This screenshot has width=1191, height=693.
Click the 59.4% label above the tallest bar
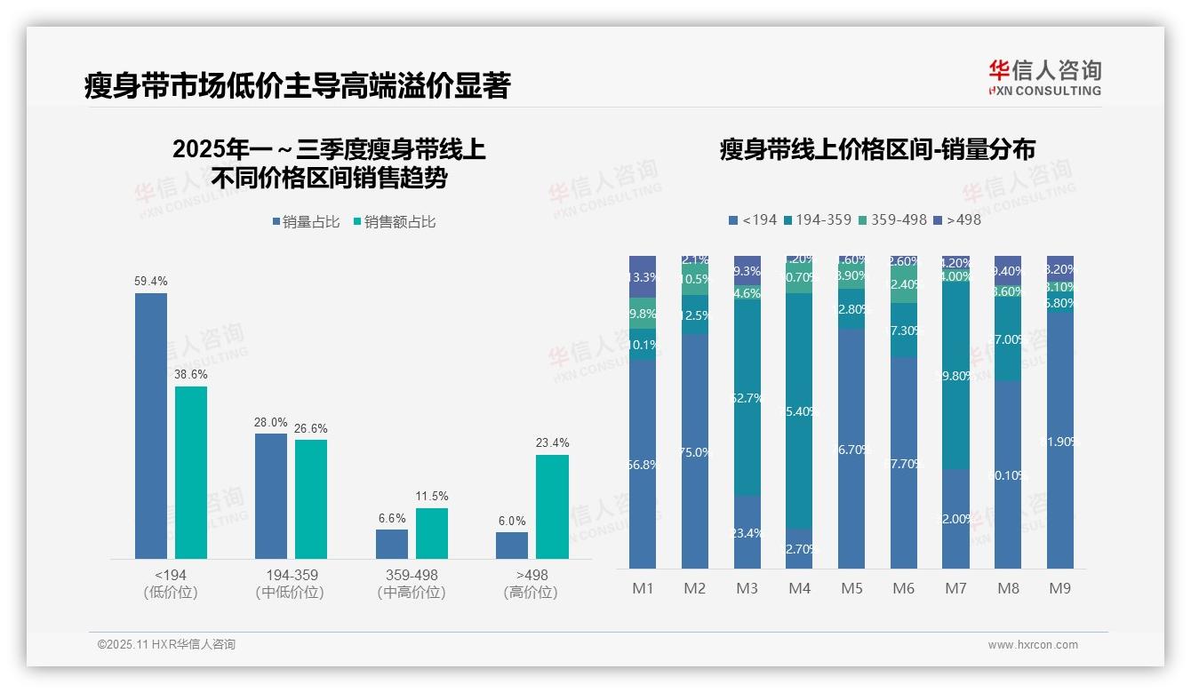click(150, 281)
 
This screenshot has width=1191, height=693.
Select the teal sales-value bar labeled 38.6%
click(190, 472)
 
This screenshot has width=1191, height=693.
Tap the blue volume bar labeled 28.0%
click(270, 496)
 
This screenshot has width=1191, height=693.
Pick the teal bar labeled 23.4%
click(552, 506)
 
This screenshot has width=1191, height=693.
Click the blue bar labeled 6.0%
click(511, 545)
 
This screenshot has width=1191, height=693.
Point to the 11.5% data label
click(432, 496)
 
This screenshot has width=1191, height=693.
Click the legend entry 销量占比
click(306, 222)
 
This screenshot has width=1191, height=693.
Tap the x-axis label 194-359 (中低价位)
click(291, 584)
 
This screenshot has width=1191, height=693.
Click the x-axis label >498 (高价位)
click(532, 584)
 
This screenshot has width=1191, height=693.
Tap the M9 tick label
click(1059, 588)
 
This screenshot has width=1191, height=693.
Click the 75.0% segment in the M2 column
click(694, 451)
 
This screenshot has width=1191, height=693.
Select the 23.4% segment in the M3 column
click(747, 532)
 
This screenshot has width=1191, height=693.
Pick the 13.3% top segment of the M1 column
click(642, 276)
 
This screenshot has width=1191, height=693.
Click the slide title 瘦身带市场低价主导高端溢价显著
click(297, 86)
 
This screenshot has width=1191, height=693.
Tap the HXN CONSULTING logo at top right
click(1044, 77)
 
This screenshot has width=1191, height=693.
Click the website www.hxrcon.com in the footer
click(1032, 645)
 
